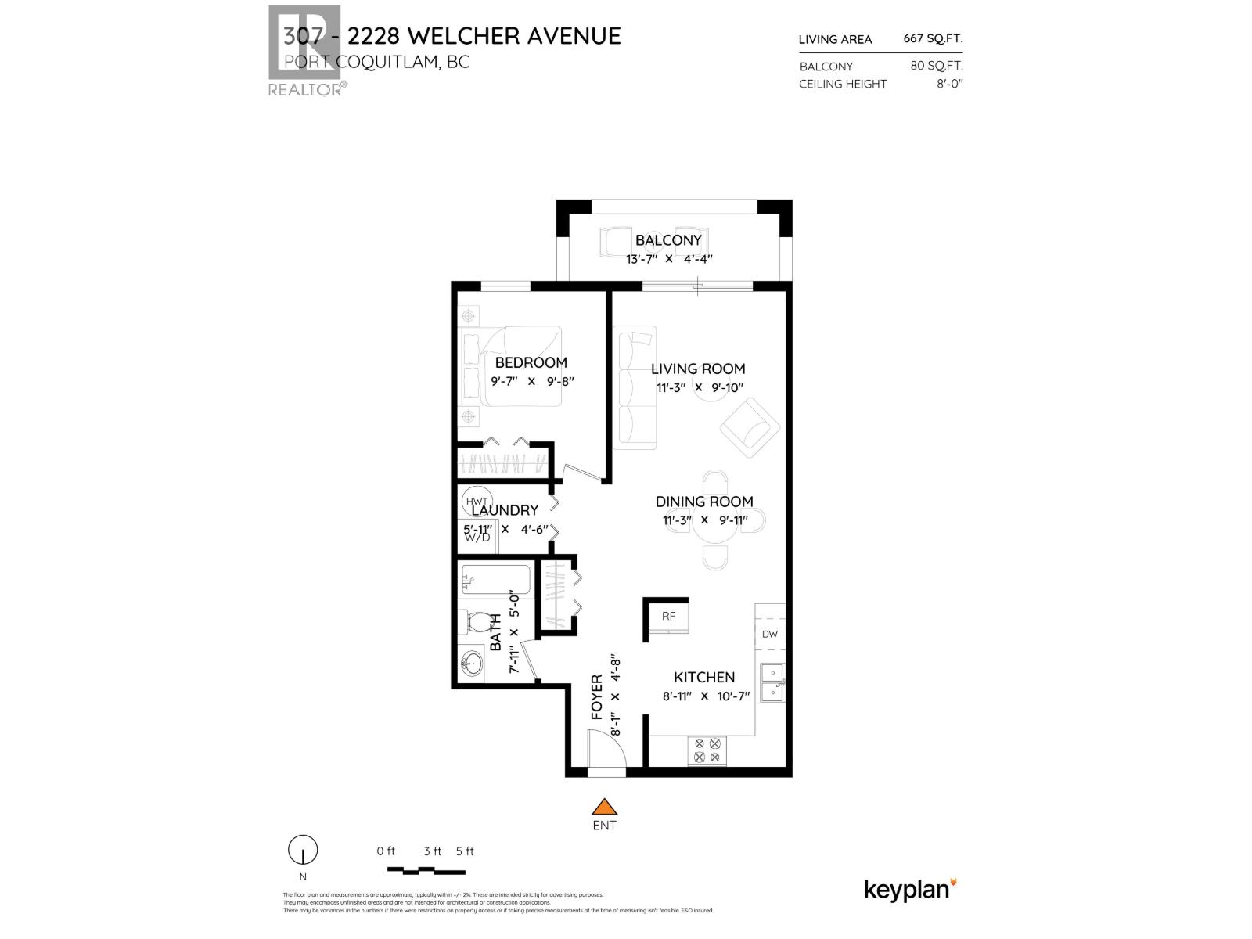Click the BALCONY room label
pos(668,240)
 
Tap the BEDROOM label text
pos(531,362)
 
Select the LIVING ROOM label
pos(698,369)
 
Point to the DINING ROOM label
pos(704,502)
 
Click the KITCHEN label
pos(704,677)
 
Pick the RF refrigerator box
pos(668,616)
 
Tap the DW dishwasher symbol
pos(770,634)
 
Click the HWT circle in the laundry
pos(477,501)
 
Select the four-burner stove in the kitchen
pos(707,751)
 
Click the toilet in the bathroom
pos(474,623)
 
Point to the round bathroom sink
pos(471,664)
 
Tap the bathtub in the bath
pos(496,581)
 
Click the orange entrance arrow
pos(604,807)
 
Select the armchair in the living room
pos(750,427)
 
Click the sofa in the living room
pos(635,388)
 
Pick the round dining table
pos(714,520)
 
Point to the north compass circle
pos(303,849)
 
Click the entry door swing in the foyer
pos(606,749)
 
